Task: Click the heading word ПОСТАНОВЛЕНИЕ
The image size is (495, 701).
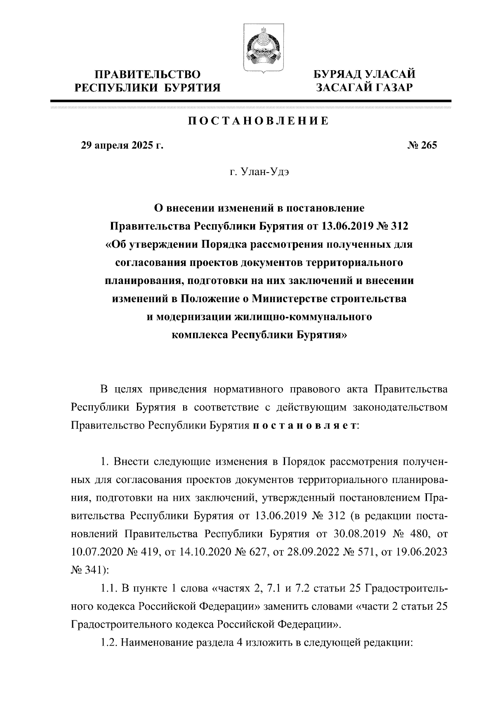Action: tap(259, 121)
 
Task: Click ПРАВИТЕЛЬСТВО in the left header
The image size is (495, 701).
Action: tap(148, 75)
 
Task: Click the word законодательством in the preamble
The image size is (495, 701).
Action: tap(400, 407)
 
